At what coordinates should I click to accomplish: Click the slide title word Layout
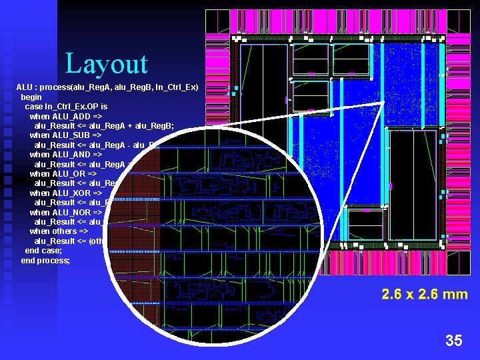click(107, 64)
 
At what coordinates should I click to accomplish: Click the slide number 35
click(453, 341)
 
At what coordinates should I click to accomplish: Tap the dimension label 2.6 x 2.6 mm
click(424, 294)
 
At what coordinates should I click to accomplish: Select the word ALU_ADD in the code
click(69, 116)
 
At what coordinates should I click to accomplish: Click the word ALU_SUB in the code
click(69, 135)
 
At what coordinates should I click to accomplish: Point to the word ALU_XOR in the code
click(69, 193)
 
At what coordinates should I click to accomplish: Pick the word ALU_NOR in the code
click(69, 212)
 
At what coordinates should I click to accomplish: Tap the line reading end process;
click(45, 260)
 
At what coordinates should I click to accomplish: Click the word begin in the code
click(31, 97)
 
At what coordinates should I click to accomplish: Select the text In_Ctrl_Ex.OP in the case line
click(71, 107)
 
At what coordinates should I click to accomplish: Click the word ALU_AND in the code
click(69, 154)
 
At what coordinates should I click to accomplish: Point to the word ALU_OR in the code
click(67, 173)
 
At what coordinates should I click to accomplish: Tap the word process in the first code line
click(59, 87)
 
